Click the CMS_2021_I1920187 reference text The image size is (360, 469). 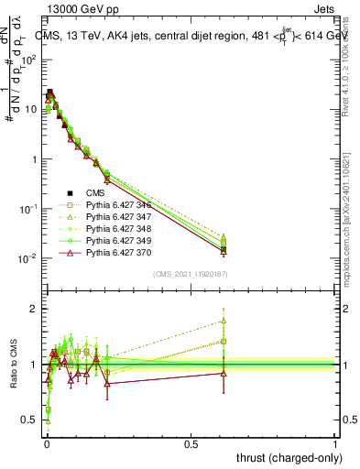(x=190, y=274)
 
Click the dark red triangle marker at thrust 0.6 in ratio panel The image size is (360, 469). (x=224, y=373)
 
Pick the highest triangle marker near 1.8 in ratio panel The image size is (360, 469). (x=224, y=321)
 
